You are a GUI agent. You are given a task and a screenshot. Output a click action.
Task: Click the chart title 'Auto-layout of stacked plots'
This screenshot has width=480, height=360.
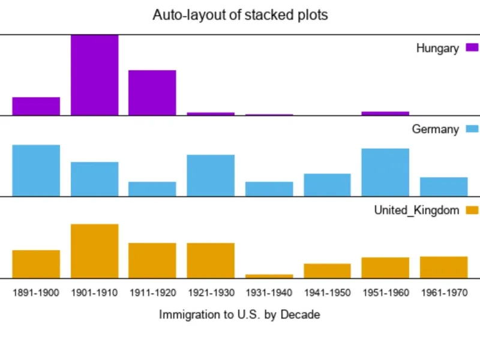click(x=240, y=15)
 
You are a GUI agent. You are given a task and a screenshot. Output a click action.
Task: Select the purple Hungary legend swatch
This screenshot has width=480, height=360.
click(x=472, y=48)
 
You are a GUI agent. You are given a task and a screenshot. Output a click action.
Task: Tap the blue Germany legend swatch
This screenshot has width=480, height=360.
click(x=472, y=129)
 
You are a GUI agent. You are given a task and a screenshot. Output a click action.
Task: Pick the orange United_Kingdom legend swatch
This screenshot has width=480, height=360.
click(x=472, y=210)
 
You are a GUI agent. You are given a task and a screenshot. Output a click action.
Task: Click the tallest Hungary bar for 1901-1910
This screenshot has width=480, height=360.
click(x=95, y=75)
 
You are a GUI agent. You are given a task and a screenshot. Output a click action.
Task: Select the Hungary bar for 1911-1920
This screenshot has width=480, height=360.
click(x=152, y=92)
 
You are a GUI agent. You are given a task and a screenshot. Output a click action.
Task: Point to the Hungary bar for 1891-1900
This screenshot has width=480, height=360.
click(x=36, y=106)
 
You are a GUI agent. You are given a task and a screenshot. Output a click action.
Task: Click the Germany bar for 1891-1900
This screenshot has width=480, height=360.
click(x=36, y=170)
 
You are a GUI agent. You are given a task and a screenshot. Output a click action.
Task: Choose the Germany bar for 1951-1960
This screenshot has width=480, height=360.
click(x=385, y=172)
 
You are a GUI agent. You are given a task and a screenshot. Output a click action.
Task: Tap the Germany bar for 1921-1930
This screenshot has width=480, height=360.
click(x=211, y=175)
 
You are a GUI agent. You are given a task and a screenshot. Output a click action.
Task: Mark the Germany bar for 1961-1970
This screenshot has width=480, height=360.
click(x=443, y=187)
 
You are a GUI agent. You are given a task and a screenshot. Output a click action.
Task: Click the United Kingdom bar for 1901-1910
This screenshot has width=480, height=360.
click(x=95, y=251)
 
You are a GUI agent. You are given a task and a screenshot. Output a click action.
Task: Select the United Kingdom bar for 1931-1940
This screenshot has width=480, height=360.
click(x=269, y=276)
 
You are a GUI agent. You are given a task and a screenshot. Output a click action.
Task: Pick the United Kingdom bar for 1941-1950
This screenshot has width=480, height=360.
click(x=327, y=271)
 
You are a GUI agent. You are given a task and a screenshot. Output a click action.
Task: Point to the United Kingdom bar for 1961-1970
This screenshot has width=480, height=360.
click(x=443, y=268)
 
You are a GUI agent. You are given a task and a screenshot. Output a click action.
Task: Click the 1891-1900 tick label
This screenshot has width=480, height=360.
click(x=36, y=293)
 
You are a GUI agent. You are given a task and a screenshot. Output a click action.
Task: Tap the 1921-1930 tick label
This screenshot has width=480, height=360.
click(x=211, y=293)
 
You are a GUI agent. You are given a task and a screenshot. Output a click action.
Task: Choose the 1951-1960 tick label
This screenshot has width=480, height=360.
click(x=385, y=293)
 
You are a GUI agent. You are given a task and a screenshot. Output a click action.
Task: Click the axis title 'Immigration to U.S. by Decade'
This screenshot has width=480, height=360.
click(x=239, y=314)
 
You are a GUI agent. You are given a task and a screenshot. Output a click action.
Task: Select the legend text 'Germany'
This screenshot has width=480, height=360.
click(x=435, y=129)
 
